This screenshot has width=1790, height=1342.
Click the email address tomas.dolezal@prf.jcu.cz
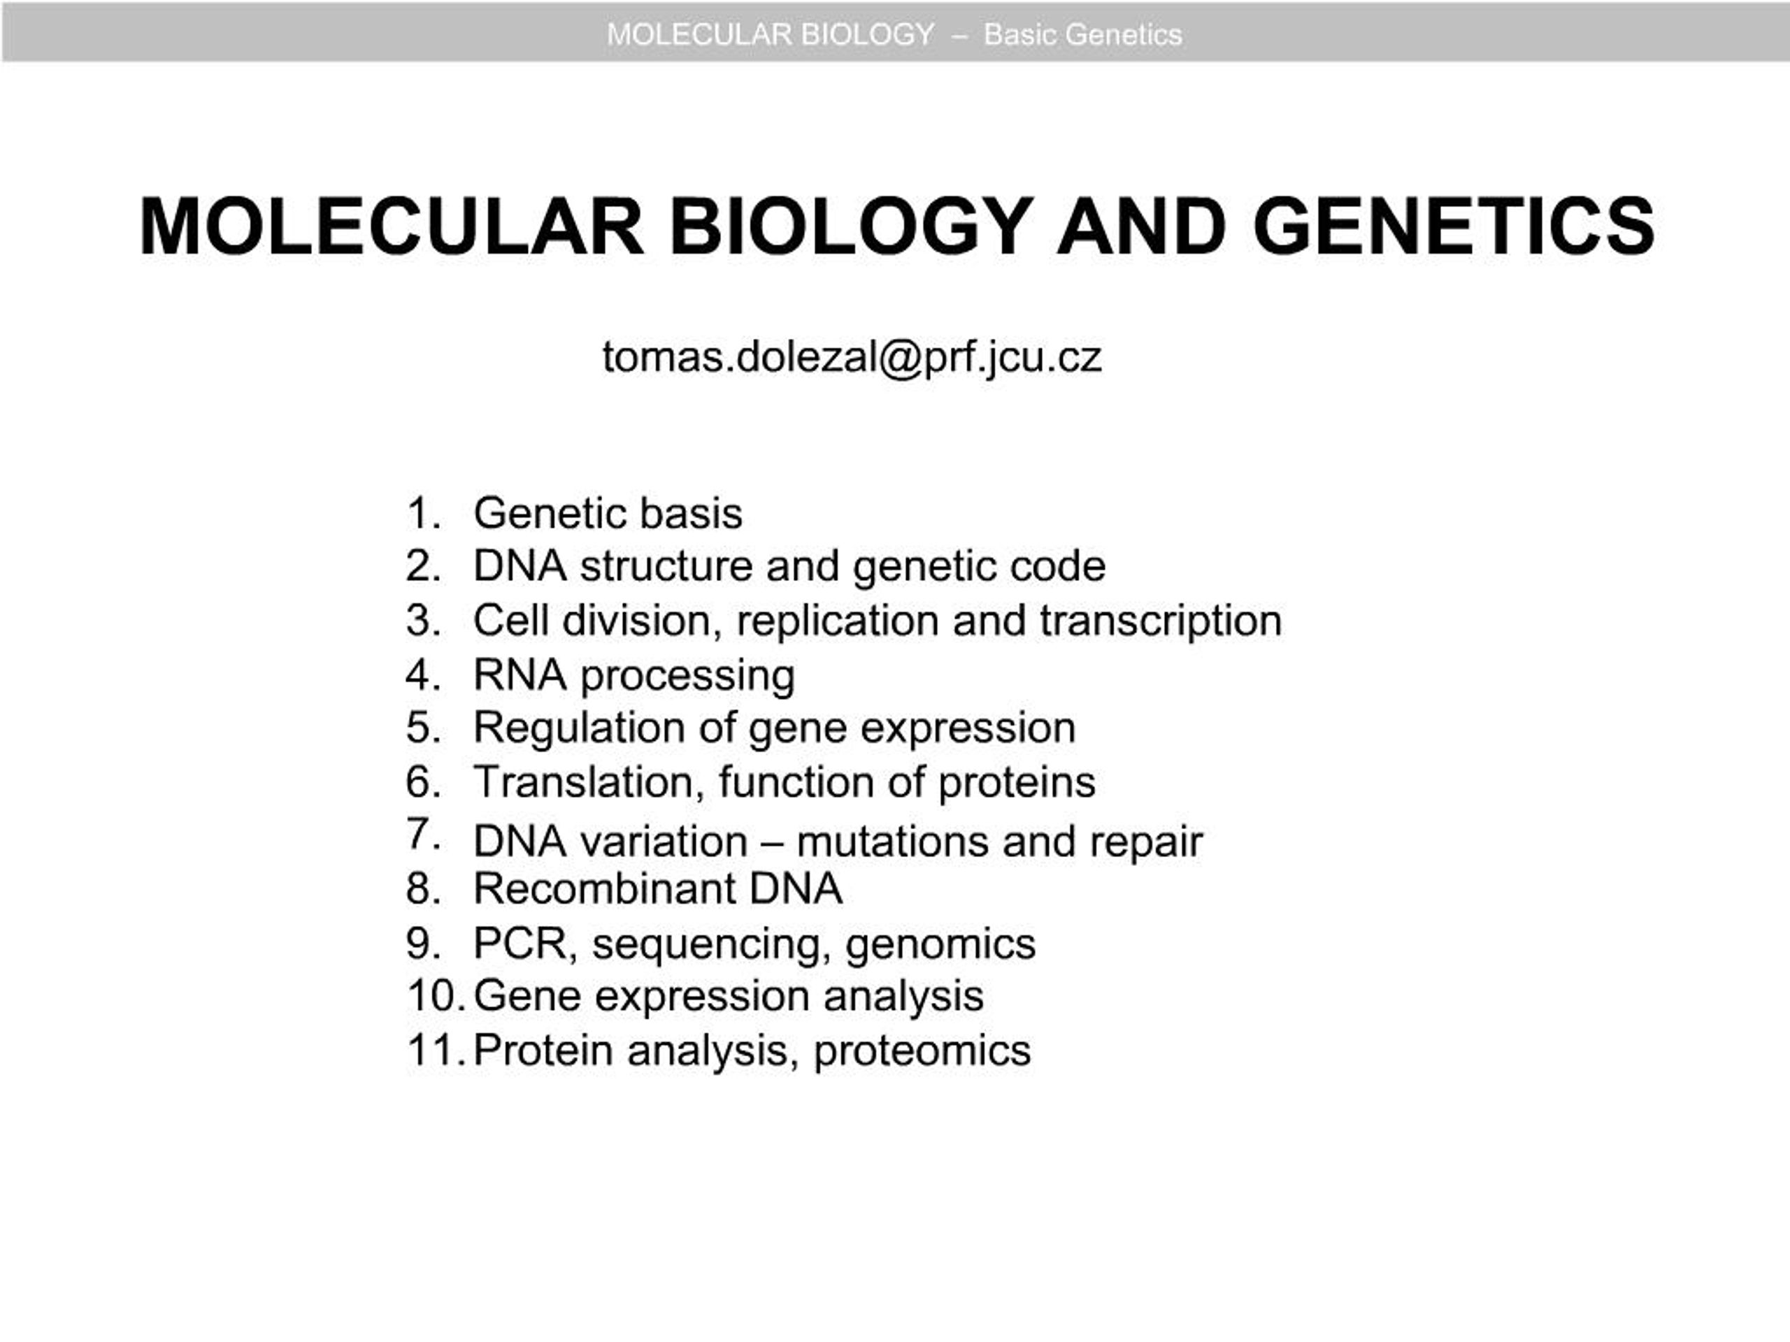click(852, 356)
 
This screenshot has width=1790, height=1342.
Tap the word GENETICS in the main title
click(1454, 226)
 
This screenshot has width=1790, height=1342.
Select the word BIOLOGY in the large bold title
click(850, 226)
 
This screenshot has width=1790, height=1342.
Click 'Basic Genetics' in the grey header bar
click(1082, 35)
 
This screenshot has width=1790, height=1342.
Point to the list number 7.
click(423, 833)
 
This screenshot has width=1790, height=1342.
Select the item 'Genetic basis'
click(608, 513)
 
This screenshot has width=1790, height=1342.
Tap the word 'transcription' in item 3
click(1161, 621)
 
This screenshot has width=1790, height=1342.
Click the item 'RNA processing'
click(633, 675)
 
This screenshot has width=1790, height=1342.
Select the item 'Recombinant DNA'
click(657, 888)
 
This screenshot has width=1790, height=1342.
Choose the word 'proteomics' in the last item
click(922, 1051)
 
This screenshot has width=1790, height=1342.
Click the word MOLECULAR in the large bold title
click(392, 226)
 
